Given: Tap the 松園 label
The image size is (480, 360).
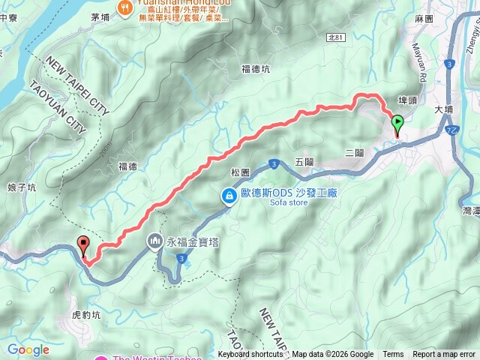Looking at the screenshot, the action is (239, 172).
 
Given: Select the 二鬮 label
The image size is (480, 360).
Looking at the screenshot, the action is (355, 152).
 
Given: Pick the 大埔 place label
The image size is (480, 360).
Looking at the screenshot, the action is (445, 109).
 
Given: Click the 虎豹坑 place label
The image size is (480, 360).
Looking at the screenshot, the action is (85, 315).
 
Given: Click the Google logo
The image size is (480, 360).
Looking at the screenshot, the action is (28, 349).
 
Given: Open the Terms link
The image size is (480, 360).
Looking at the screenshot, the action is (393, 355).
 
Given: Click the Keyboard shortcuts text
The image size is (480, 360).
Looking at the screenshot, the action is (250, 355).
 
